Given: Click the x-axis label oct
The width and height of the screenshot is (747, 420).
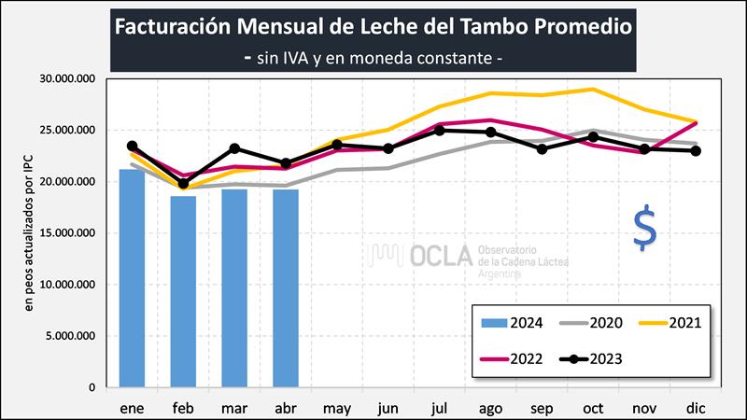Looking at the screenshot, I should [x=592, y=408].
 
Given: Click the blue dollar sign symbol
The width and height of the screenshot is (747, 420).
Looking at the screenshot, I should [x=644, y=230].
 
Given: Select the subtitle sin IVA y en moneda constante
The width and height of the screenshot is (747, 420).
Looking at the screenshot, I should [x=374, y=58].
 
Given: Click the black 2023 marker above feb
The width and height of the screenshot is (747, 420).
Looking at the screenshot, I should [x=183, y=184].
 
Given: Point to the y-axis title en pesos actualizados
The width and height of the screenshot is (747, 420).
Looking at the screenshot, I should [x=29, y=232].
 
